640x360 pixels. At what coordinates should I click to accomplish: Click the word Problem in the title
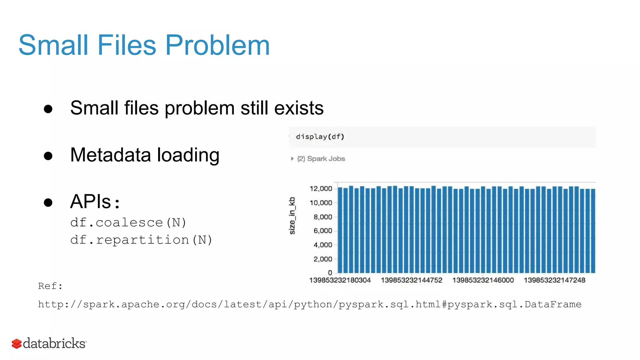click(217, 46)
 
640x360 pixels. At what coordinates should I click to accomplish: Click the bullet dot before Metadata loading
click(48, 156)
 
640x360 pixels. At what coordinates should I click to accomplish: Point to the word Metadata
click(111, 155)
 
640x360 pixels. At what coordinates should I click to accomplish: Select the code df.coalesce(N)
click(128, 223)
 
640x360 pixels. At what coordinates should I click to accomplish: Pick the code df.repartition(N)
click(141, 240)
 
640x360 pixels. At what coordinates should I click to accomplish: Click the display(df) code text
click(320, 137)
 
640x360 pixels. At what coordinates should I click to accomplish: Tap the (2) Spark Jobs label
click(321, 159)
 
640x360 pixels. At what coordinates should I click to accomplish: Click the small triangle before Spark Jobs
click(292, 159)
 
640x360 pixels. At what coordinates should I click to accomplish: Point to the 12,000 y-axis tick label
click(321, 189)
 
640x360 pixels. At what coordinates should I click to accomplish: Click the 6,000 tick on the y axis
click(323, 231)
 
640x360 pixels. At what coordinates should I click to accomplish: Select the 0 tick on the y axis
click(330, 273)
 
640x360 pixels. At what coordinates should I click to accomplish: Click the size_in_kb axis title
click(292, 216)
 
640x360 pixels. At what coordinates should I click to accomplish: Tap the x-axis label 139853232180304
click(340, 280)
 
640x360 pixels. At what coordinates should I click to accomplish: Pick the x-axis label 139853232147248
click(554, 280)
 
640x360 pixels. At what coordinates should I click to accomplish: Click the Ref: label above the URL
click(50, 286)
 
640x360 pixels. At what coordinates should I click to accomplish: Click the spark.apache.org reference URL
click(309, 304)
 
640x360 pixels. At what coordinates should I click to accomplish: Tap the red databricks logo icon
click(17, 344)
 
